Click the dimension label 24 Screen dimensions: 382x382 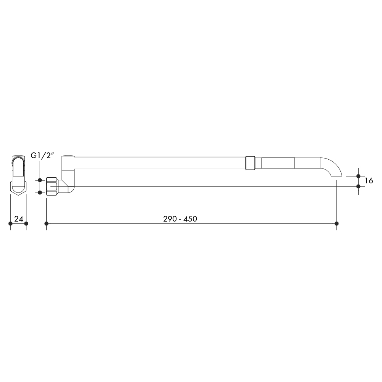pyautogui.click(x=19, y=219)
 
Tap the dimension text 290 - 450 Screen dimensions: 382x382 pyautogui.click(x=180, y=219)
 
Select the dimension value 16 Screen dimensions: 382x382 pyautogui.click(x=369, y=181)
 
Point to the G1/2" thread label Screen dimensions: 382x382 pyautogui.click(x=42, y=155)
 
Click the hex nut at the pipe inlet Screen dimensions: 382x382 pyautogui.click(x=52, y=186)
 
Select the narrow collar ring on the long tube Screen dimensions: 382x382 pyautogui.click(x=250, y=163)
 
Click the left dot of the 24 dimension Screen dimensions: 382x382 pyautogui.click(x=10, y=223)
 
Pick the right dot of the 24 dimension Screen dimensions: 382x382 pyautogui.click(x=26, y=223)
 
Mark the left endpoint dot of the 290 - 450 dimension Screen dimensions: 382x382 pyautogui.click(x=47, y=223)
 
